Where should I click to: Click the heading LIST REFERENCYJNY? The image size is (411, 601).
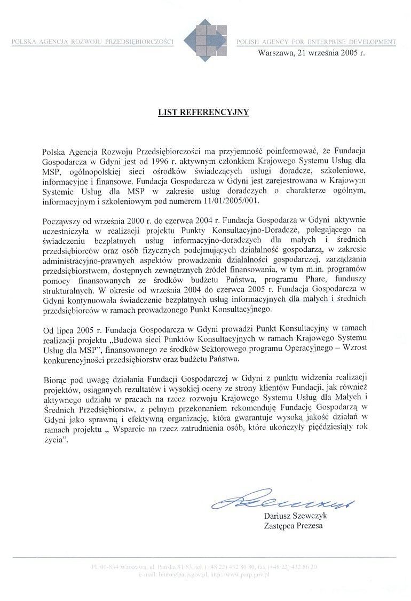click(x=203, y=113)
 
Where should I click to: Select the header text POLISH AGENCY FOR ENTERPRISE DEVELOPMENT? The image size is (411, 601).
click(x=316, y=42)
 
